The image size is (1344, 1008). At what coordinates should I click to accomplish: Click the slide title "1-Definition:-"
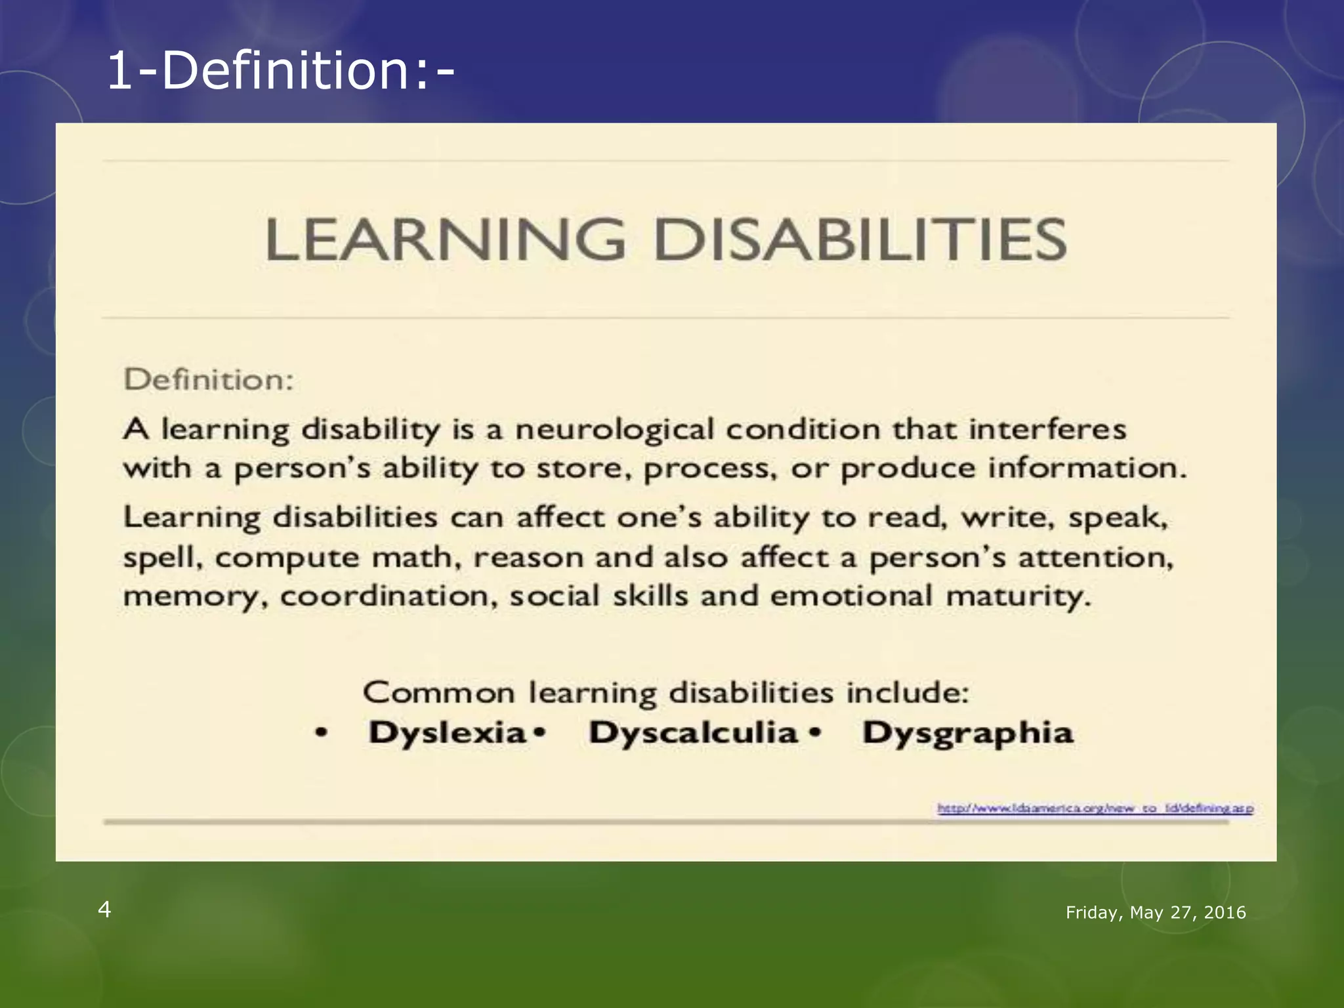280,71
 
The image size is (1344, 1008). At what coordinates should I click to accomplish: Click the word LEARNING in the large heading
446,240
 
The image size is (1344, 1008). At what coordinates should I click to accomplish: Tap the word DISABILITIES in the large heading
860,240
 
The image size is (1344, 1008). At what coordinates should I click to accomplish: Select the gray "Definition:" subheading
209,380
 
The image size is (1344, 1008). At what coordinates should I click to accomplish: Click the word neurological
615,430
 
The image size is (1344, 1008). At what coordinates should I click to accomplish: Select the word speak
1118,518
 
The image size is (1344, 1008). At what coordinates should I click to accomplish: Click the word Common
439,693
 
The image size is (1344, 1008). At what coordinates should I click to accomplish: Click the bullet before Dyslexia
321,734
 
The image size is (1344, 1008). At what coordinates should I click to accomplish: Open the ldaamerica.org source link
1095,808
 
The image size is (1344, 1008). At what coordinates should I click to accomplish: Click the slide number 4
104,910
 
